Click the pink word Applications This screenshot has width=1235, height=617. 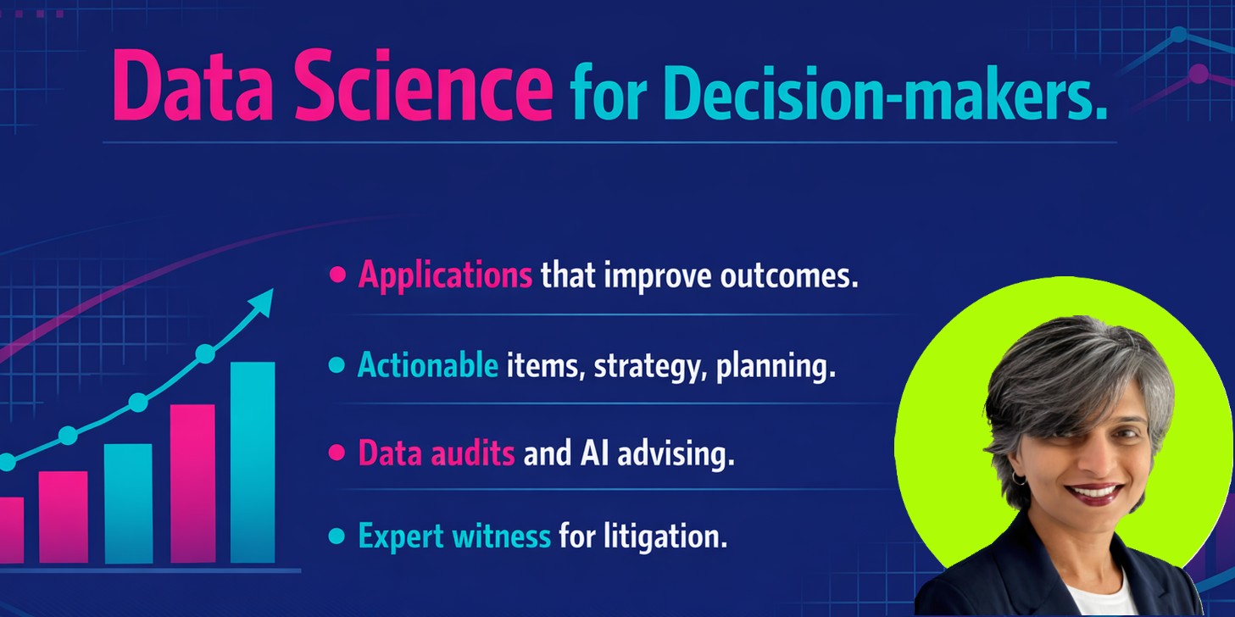click(445, 275)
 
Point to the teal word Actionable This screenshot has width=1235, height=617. click(427, 365)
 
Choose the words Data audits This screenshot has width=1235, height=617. click(436, 453)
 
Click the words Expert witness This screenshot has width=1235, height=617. click(453, 536)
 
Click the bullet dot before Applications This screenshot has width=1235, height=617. click(338, 275)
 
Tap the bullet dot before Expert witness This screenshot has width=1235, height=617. click(337, 536)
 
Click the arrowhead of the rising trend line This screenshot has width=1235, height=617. click(264, 300)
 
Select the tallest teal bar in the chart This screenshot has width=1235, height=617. click(253, 462)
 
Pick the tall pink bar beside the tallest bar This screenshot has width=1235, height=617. click(192, 483)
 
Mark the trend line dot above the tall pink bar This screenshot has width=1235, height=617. click(205, 354)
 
